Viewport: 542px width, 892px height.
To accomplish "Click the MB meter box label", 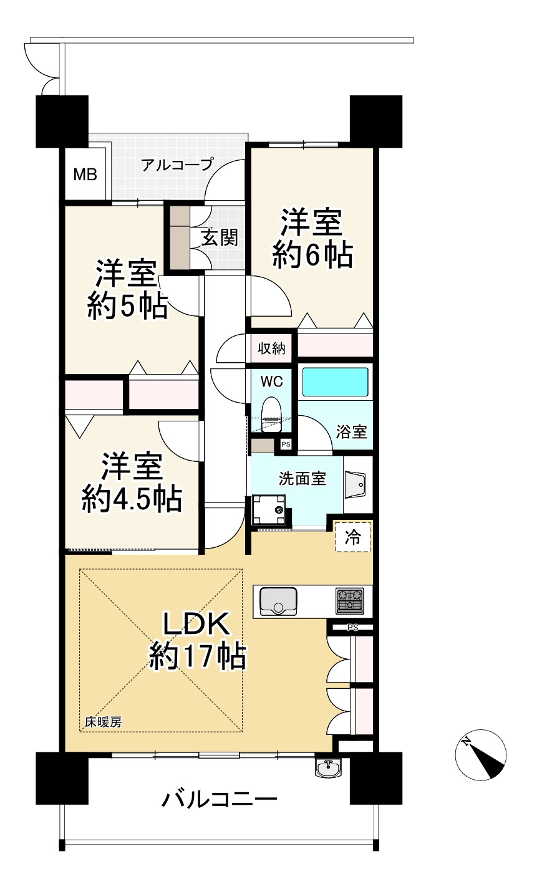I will click(x=85, y=175).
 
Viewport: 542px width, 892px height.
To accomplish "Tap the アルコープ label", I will click(x=177, y=165).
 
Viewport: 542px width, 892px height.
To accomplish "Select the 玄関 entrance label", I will click(x=219, y=237).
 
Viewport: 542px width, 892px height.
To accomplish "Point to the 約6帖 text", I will click(x=312, y=254).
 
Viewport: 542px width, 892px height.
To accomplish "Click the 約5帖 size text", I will click(x=127, y=305).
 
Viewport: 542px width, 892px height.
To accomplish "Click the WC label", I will click(x=272, y=381).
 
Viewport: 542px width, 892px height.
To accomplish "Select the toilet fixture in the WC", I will click(x=271, y=414).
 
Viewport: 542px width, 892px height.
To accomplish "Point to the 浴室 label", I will click(x=351, y=431).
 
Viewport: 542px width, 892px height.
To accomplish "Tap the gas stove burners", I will click(x=349, y=601).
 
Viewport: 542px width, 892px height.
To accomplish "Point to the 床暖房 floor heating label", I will click(x=104, y=722).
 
